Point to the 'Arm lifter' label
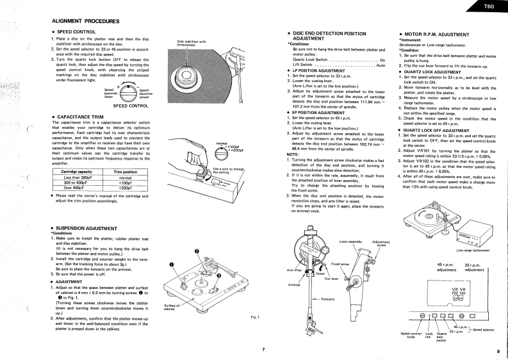294,252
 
